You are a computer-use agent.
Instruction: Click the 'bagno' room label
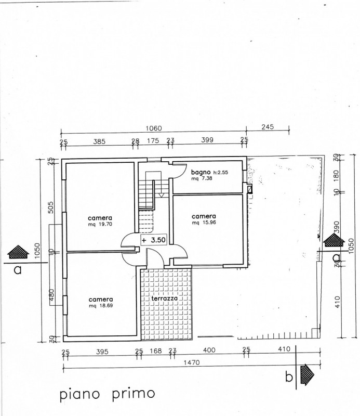pyautogui.click(x=201, y=172)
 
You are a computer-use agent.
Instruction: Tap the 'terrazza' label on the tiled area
pyautogui.click(x=164, y=298)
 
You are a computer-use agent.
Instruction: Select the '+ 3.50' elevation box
pyautogui.click(x=154, y=240)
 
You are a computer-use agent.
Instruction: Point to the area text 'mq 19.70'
pyautogui.click(x=100, y=224)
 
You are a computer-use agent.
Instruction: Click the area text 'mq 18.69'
pyautogui.click(x=101, y=306)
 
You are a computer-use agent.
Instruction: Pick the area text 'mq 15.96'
pyautogui.click(x=204, y=223)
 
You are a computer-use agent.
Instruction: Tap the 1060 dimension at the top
pyautogui.click(x=154, y=128)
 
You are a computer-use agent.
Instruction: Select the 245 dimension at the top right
pyautogui.click(x=268, y=127)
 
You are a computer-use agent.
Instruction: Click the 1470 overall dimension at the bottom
pyautogui.click(x=191, y=362)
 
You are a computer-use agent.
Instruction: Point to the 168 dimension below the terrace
pyautogui.click(x=156, y=351)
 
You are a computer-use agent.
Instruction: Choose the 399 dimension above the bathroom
pyautogui.click(x=207, y=140)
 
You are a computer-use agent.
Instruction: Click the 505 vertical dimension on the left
pyautogui.click(x=51, y=207)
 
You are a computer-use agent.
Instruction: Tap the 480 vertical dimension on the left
pyautogui.click(x=51, y=295)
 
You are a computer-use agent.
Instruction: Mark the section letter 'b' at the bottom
pyautogui.click(x=289, y=376)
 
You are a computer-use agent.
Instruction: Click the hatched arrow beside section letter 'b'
pyautogui.click(x=307, y=374)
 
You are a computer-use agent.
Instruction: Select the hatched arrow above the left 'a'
pyautogui.click(x=18, y=252)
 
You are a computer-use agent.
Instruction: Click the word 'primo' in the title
pyautogui.click(x=133, y=394)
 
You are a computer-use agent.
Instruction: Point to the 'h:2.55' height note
pyautogui.click(x=221, y=173)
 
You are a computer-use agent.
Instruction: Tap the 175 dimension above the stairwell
pyautogui.click(x=153, y=140)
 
